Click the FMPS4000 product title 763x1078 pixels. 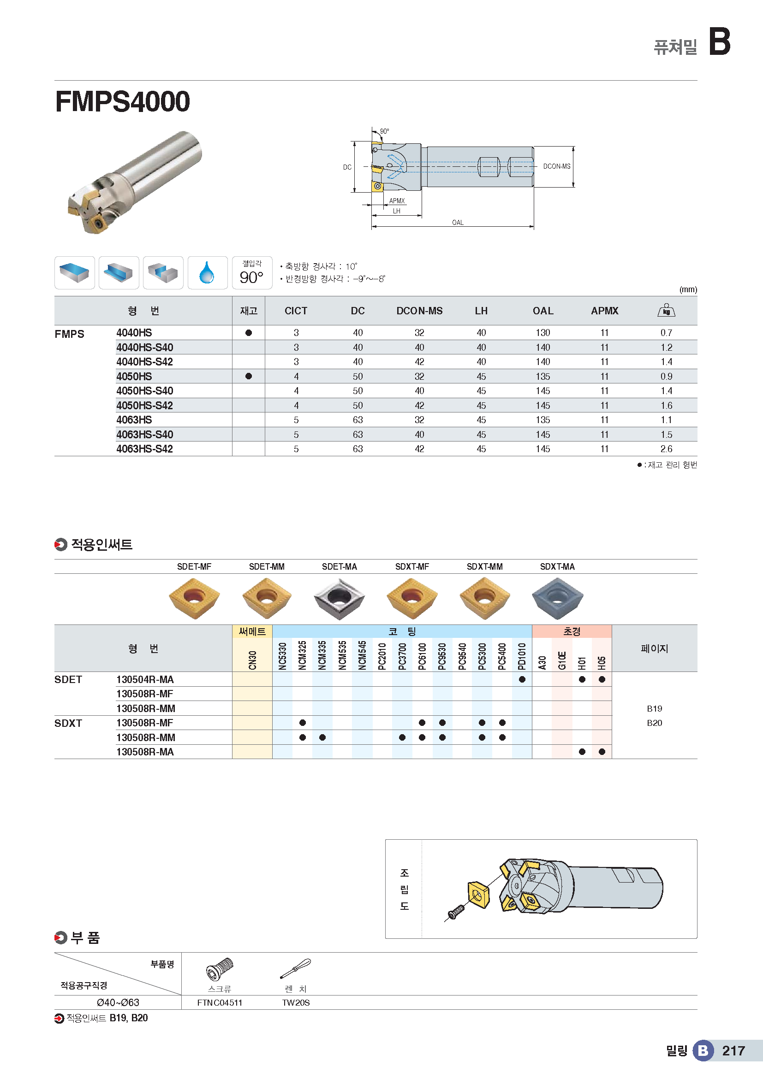tap(123, 101)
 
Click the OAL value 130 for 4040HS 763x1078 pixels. tap(542, 333)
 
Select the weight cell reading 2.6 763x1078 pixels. tap(666, 449)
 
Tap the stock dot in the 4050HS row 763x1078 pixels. tap(249, 376)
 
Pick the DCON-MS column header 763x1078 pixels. tap(419, 311)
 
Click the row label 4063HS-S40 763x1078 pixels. tap(145, 434)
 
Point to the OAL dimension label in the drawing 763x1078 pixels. tap(458, 223)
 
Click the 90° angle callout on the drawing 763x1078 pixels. tap(384, 131)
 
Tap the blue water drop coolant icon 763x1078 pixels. tap(207, 273)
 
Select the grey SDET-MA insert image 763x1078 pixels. tap(339, 598)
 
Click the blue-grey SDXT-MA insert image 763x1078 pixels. tap(557, 598)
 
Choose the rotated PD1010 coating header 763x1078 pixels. tap(522, 656)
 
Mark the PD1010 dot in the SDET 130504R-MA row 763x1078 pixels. tap(522, 679)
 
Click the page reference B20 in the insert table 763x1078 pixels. tap(654, 723)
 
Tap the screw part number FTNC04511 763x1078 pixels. tap(220, 1002)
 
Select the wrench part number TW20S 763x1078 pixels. tap(296, 1002)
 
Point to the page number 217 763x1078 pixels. tap(733, 1051)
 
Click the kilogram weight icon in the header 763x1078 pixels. tap(666, 310)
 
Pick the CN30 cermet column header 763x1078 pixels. tap(252, 660)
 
